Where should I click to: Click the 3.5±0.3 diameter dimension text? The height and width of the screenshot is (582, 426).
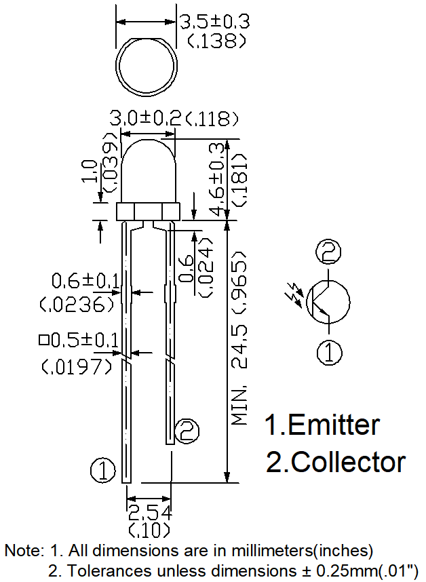214,22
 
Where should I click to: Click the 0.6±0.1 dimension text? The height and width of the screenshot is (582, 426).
85,279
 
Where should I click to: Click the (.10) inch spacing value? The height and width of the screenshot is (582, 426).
149,529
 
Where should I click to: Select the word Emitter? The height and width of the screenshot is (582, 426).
333,425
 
